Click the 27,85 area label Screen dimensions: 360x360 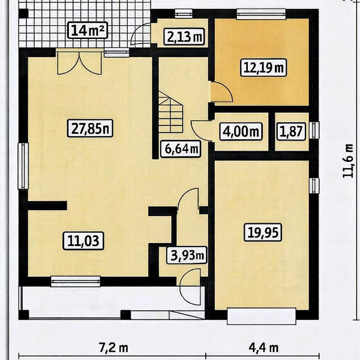tap(90, 128)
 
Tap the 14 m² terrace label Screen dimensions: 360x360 tap(88, 31)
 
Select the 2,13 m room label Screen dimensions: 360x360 tap(184, 37)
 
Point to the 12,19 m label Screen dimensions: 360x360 tap(263, 67)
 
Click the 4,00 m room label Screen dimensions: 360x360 tap(241, 131)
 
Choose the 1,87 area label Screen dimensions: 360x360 tap(292, 131)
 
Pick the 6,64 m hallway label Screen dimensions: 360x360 tap(181, 149)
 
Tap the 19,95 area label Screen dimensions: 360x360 tap(263, 232)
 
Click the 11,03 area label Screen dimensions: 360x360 tap(83, 241)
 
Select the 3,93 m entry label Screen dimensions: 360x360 tap(187, 255)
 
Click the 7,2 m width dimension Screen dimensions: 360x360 tap(113, 348)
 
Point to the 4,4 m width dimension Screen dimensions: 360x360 tap(264, 348)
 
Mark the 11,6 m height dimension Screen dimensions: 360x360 tap(347, 161)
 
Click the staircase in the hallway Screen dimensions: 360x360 tap(170, 112)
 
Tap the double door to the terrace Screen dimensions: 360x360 tap(79, 63)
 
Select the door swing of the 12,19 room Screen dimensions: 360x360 tap(221, 92)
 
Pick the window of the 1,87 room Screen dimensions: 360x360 tap(314, 130)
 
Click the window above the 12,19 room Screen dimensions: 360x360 tap(261, 14)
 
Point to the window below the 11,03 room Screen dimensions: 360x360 tap(76, 281)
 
